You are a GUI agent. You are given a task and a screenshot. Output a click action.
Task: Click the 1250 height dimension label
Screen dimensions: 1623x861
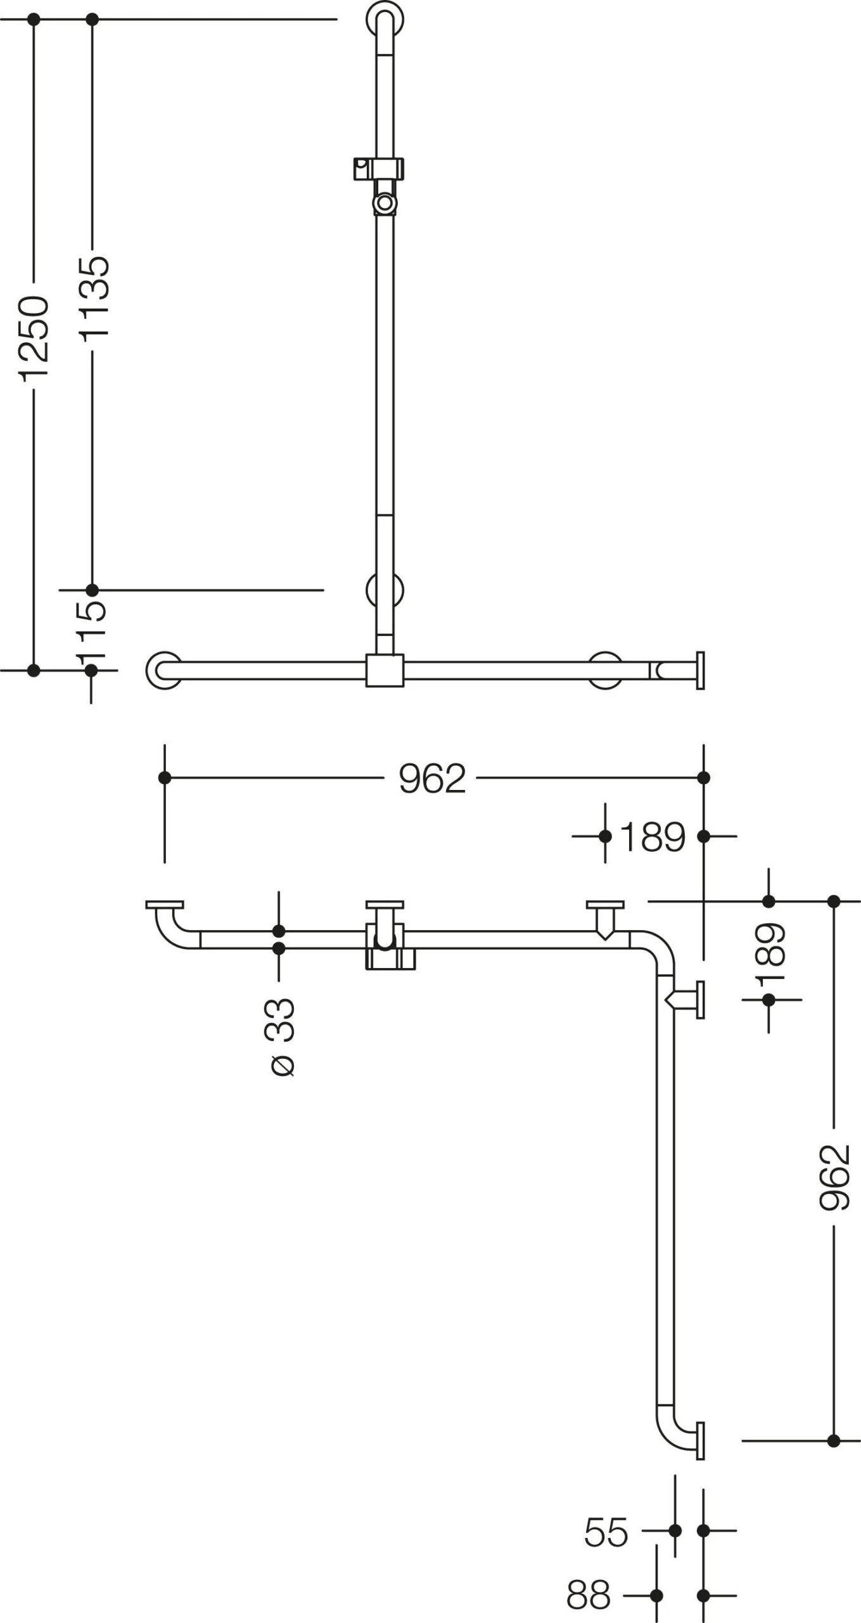click(x=33, y=338)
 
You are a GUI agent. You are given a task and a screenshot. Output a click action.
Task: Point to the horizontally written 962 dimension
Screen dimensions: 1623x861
click(x=432, y=779)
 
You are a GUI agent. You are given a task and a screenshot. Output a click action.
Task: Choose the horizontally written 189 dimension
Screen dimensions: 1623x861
click(x=653, y=837)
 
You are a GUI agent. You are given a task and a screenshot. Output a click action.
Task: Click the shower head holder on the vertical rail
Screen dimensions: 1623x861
click(x=378, y=169)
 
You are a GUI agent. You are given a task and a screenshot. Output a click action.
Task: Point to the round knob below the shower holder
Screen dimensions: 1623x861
click(x=384, y=203)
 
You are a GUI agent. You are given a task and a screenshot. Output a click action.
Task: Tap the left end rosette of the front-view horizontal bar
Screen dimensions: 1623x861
click(x=163, y=669)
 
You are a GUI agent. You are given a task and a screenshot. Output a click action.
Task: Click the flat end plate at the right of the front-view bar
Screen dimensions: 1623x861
click(x=700, y=669)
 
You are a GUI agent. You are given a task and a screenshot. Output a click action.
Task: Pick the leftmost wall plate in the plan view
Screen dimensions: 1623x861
click(x=164, y=905)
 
